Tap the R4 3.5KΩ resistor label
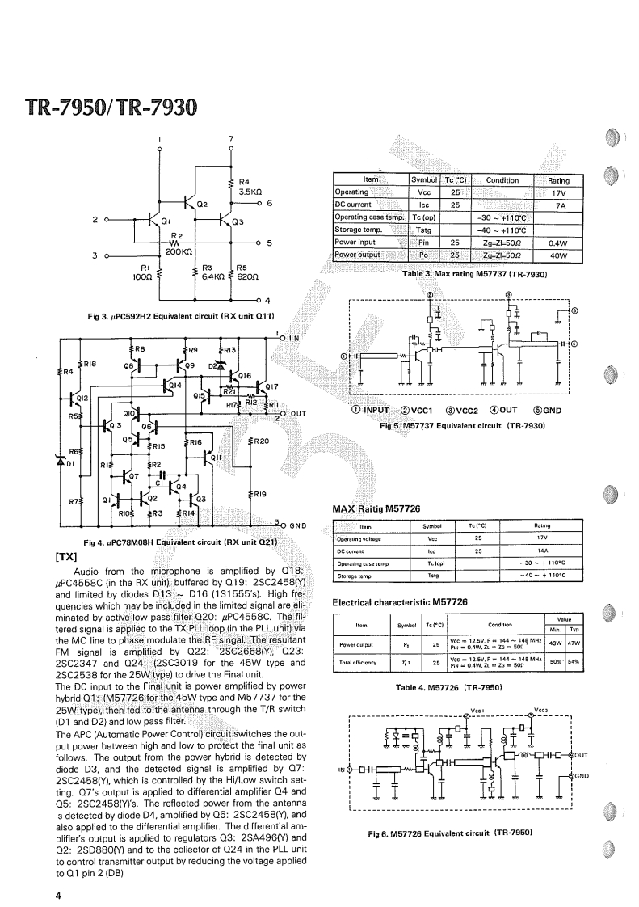249,187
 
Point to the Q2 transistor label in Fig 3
202,205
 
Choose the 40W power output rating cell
558,256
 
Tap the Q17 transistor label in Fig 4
271,386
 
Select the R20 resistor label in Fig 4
260,441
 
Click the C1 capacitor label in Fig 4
160,483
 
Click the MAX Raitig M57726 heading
376,508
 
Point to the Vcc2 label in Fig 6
541,710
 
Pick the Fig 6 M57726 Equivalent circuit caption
449,832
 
